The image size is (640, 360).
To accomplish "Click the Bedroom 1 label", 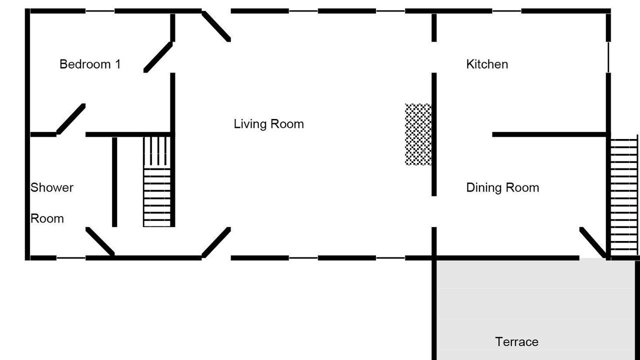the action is tap(90, 64).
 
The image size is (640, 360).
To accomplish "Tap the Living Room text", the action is tap(268, 124).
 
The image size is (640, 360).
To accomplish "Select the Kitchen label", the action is tap(487, 64).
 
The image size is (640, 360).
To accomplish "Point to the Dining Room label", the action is tap(502, 187).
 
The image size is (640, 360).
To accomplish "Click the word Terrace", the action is tap(516, 341).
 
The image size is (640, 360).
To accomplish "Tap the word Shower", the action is tap(51, 187).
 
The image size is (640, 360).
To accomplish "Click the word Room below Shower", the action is tap(47, 218).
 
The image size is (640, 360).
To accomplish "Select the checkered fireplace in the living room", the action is tap(418, 134).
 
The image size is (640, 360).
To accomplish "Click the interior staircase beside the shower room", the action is tap(157, 181).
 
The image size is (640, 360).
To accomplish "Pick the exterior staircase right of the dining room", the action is tap(623, 197).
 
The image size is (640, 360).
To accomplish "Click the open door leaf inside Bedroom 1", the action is tap(158, 57).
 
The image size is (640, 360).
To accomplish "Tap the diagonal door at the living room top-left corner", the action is tap(216, 26).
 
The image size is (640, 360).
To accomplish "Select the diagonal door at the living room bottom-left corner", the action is tap(216, 242).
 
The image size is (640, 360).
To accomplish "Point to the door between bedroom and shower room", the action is tap(71, 119).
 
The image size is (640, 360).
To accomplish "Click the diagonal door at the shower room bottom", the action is tap(100, 241).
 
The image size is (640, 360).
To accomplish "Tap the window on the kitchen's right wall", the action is tap(608, 57).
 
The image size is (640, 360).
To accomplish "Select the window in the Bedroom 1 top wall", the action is tap(100, 11).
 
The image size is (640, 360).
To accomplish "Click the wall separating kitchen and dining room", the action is tap(549, 134).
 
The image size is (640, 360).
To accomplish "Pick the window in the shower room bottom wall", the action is tap(71, 258).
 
